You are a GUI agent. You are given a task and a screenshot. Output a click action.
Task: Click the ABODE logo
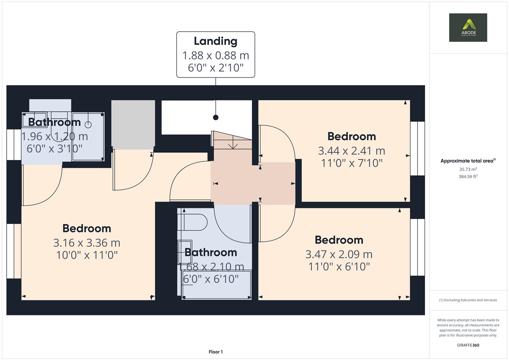468,27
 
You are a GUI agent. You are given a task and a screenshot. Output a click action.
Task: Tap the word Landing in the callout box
216,41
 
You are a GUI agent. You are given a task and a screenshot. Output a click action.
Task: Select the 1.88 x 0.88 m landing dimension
216,55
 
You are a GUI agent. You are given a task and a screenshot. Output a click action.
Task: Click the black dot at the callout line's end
216,117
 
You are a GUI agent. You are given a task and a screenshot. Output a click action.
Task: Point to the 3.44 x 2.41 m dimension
351,151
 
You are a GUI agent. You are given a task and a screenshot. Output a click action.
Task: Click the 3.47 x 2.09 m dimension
339,254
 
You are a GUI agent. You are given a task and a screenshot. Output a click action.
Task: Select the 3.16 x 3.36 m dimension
87,243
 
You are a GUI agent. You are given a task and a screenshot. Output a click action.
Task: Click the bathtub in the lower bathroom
217,285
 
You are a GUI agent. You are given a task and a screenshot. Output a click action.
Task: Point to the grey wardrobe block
133,124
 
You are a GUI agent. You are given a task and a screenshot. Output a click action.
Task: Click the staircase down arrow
233,145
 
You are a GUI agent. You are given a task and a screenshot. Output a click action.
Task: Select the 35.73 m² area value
468,169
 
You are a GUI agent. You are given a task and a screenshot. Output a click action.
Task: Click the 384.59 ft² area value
468,177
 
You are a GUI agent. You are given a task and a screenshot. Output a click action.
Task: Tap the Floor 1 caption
216,352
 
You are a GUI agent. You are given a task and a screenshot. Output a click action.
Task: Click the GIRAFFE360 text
468,345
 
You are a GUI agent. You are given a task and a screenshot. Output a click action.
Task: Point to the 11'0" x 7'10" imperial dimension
351,163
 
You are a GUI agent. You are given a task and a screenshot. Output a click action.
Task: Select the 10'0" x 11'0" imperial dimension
87,255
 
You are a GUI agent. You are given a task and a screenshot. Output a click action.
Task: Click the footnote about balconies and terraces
468,300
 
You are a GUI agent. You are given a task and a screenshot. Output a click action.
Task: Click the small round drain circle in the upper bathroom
88,125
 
